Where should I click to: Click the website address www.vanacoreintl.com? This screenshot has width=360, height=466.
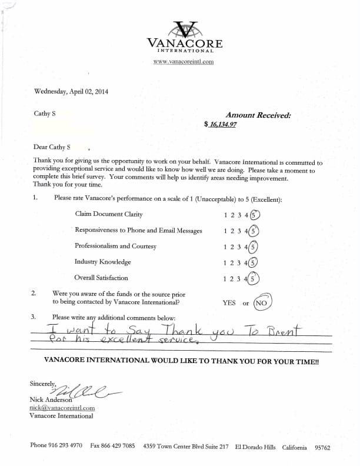(183, 61)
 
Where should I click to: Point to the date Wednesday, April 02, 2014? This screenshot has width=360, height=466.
(71, 91)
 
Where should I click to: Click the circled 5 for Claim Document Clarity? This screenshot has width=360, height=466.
(254, 215)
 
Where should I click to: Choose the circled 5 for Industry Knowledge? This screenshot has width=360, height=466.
(254, 262)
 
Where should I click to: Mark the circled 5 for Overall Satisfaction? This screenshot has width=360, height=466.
(254, 278)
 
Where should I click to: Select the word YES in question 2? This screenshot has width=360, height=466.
(229, 303)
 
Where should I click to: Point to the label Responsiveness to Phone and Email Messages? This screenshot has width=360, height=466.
(138, 231)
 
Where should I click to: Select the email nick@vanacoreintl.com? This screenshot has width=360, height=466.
(62, 408)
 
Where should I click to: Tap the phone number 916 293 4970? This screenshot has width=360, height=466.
(65, 447)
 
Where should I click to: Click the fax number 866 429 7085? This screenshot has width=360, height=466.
(120, 447)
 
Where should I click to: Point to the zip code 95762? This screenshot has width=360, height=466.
(322, 447)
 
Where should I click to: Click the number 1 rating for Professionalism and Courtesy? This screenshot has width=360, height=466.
(226, 247)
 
